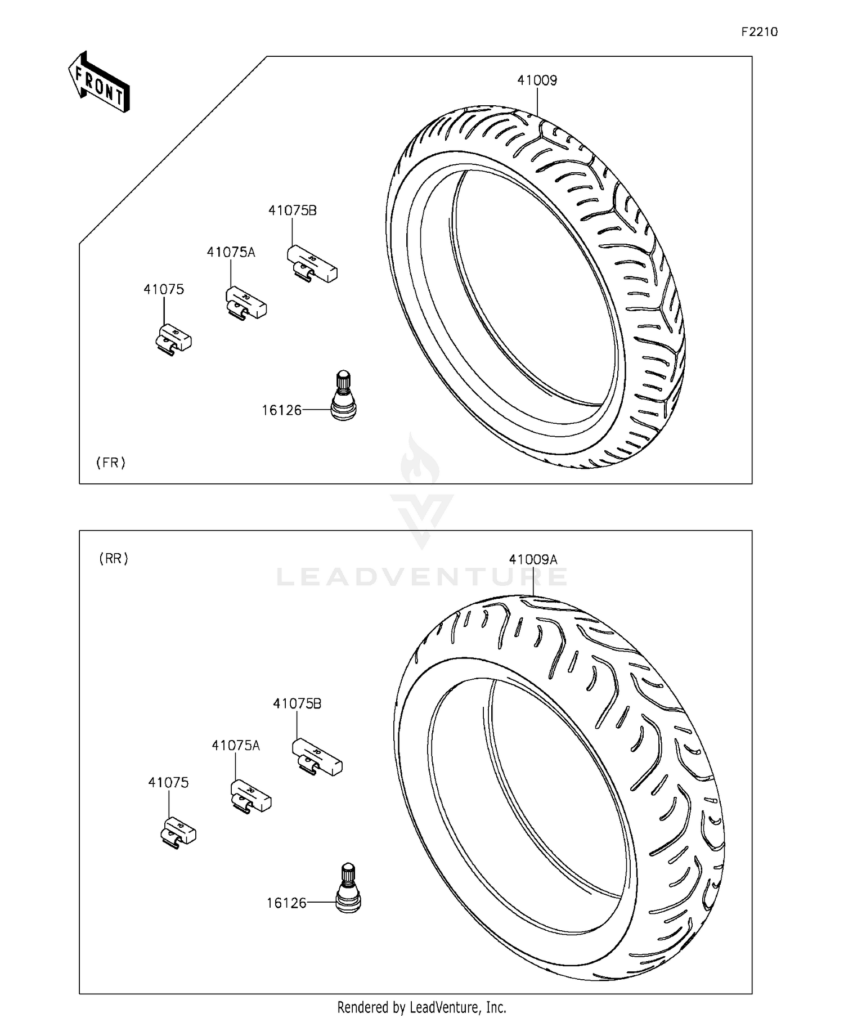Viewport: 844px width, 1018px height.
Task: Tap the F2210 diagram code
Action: (x=759, y=32)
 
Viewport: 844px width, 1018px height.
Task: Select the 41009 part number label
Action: (x=537, y=80)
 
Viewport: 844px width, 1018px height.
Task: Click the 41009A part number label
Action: (x=533, y=559)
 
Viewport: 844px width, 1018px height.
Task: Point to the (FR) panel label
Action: (x=111, y=463)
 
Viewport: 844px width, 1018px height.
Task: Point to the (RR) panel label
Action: (x=114, y=559)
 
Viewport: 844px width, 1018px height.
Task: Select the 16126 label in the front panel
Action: (x=281, y=411)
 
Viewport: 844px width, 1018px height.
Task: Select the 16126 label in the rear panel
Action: (x=286, y=903)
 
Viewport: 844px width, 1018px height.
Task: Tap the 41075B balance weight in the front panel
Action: (x=312, y=264)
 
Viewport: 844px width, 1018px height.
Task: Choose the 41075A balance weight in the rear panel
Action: (x=251, y=796)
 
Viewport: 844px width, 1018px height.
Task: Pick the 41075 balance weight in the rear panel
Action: (x=178, y=831)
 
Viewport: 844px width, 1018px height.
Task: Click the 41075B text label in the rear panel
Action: (x=297, y=703)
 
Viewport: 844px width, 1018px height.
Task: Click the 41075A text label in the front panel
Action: (x=231, y=252)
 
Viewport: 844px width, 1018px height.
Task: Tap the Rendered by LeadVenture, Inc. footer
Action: (x=421, y=1006)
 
